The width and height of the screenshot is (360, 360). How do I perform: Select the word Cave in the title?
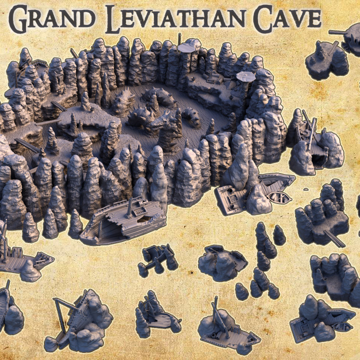coord(287,19)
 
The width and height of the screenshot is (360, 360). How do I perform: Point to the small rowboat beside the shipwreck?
coord(278,196)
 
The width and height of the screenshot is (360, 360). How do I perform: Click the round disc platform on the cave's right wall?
coord(245,76)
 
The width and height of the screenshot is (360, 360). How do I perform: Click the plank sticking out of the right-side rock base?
coord(334,238)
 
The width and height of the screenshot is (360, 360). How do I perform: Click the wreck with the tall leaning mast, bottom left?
coord(80,320)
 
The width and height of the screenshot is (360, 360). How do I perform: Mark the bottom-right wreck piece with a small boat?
coord(320,320)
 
